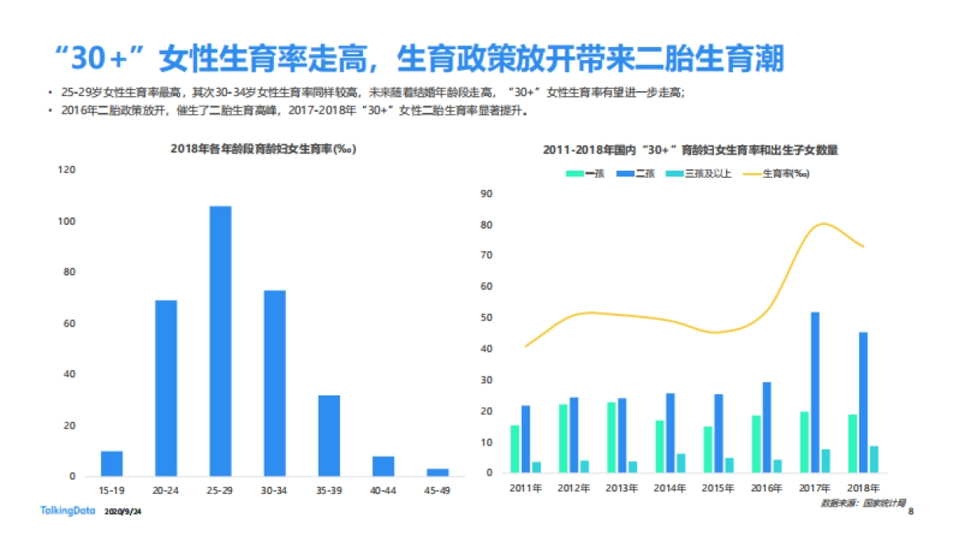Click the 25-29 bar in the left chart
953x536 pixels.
[221, 341]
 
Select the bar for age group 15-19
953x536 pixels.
[112, 464]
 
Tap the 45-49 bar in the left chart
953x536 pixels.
[438, 472]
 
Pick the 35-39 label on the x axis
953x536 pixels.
[329, 491]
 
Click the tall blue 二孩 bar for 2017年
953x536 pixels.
[815, 392]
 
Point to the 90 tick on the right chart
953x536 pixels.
[488, 193]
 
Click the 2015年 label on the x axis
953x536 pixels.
[718, 488]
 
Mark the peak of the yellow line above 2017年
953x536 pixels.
[825, 224]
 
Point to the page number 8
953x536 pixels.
[910, 512]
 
